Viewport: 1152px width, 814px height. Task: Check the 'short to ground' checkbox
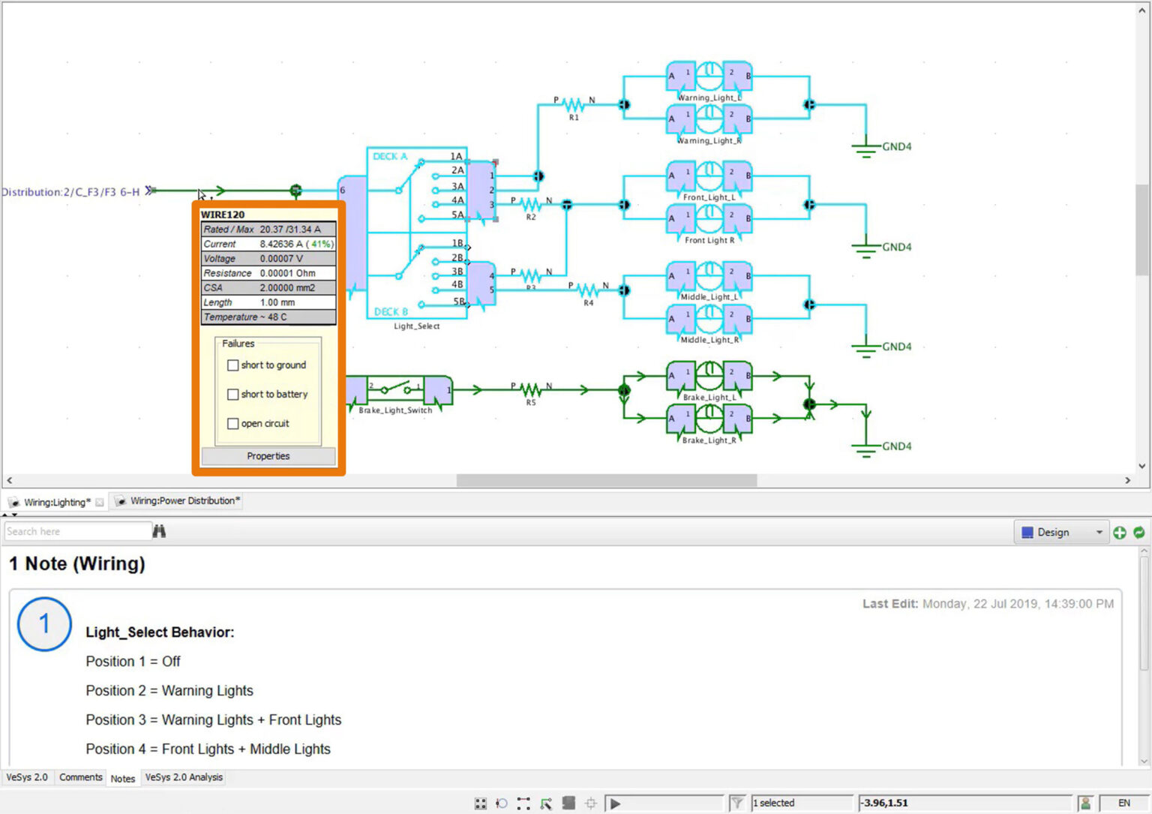(233, 365)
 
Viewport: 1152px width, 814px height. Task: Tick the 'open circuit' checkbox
(233, 424)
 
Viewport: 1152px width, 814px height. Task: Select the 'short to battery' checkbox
(233, 395)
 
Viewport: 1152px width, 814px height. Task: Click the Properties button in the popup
(268, 456)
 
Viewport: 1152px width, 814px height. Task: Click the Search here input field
(77, 531)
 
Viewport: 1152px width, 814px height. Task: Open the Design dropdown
(1061, 532)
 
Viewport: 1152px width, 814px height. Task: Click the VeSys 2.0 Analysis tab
(184, 777)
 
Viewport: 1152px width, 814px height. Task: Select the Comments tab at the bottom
(80, 777)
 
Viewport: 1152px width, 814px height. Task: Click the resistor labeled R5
(531, 389)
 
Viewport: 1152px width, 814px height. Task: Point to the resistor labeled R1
(574, 104)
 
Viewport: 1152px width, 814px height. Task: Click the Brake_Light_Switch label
(395, 410)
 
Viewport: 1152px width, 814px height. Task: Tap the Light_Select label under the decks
(416, 326)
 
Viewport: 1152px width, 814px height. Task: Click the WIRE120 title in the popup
(223, 215)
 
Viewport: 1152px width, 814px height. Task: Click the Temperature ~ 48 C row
(268, 317)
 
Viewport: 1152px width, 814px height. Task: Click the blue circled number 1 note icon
(44, 623)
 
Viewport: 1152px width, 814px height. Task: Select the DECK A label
(390, 156)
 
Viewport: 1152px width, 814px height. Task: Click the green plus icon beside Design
(1120, 532)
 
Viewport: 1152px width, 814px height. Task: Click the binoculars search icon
(159, 531)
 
